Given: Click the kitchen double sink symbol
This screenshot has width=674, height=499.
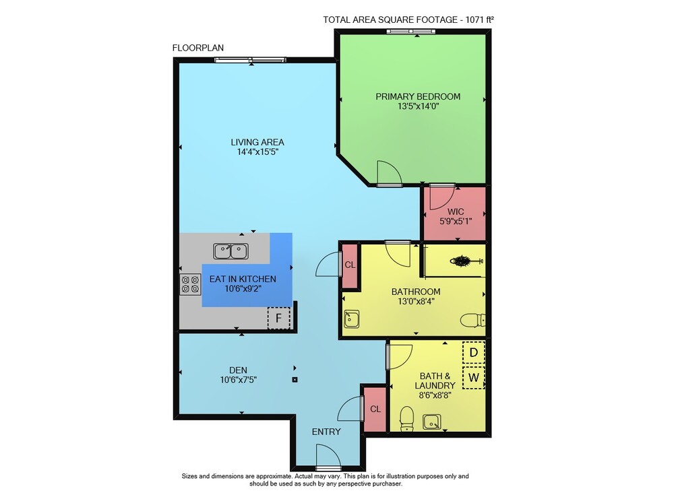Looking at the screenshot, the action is [231, 251].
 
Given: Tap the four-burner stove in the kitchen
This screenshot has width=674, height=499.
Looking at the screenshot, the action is [190, 284].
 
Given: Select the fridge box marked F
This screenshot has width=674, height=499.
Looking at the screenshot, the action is [279, 319].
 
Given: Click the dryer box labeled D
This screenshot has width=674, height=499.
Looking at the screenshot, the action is [474, 352].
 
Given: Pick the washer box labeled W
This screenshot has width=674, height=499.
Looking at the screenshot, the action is [474, 378].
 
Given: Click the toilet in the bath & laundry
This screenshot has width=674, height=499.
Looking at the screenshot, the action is [406, 419].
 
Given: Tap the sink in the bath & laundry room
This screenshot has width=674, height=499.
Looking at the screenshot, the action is [431, 422].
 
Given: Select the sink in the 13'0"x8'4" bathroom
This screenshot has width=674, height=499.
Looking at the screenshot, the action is [351, 319].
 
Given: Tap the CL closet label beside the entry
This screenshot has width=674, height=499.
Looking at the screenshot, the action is [375, 409].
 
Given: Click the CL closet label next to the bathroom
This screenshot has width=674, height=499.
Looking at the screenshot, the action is [350, 265].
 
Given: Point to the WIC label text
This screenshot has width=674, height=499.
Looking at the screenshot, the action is [456, 211].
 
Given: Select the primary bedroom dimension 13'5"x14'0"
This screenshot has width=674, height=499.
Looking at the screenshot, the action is [418, 106].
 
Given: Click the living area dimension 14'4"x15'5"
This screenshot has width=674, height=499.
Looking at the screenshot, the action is [257, 152].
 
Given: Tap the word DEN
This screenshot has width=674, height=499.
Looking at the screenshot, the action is [238, 370].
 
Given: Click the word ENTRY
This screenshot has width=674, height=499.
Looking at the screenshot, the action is [326, 432].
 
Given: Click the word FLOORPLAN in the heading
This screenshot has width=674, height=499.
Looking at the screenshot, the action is [198, 48].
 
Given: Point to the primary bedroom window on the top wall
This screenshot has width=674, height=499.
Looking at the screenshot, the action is [411, 32].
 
